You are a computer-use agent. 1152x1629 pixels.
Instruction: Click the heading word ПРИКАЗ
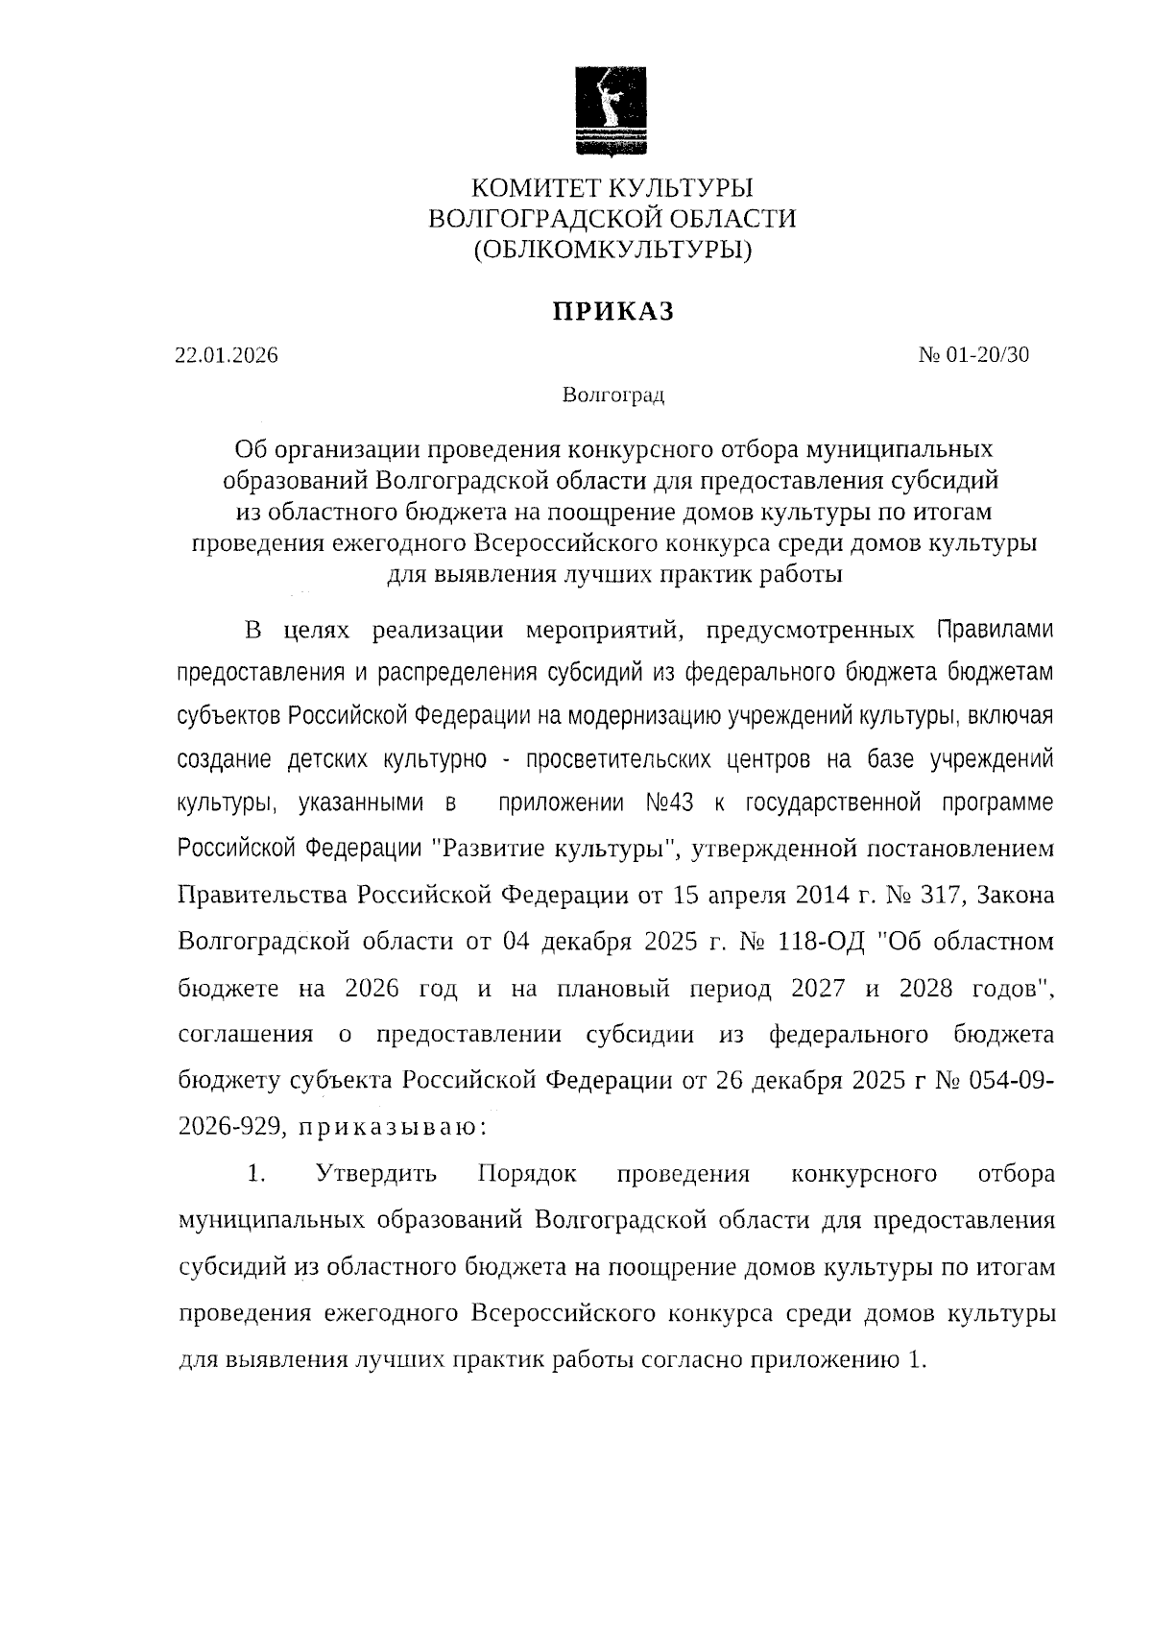612,311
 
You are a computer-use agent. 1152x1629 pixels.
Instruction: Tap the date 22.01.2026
227,355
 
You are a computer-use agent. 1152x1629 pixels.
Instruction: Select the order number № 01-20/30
973,354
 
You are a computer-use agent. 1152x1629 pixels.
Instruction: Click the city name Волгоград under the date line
612,395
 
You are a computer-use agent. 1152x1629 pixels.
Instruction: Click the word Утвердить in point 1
376,1173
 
